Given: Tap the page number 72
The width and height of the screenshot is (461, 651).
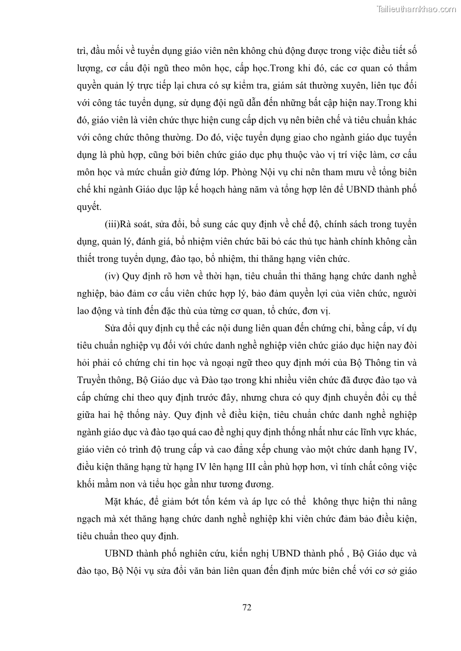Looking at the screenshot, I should (246, 608).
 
